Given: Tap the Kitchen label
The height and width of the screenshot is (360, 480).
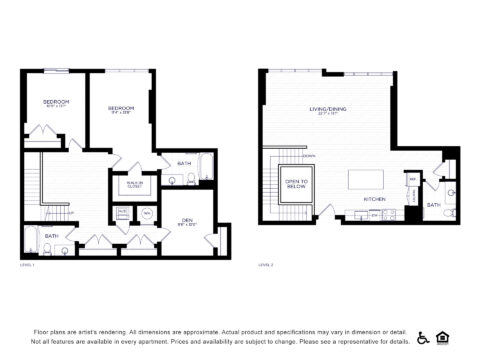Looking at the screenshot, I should (374, 200).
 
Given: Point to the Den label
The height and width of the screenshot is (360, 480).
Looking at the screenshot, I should (186, 220).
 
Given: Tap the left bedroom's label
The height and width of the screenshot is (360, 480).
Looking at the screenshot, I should (57, 103).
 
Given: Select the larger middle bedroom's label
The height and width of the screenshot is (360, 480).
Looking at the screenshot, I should (121, 108).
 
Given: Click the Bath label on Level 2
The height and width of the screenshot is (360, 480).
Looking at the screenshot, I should (433, 205).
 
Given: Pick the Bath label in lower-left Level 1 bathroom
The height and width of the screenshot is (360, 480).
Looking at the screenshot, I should (51, 236).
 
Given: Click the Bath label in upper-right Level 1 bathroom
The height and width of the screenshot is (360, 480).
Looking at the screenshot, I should (184, 163).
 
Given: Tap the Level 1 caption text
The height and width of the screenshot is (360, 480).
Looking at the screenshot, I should (27, 265).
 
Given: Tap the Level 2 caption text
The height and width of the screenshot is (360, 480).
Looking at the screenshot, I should (265, 265).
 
